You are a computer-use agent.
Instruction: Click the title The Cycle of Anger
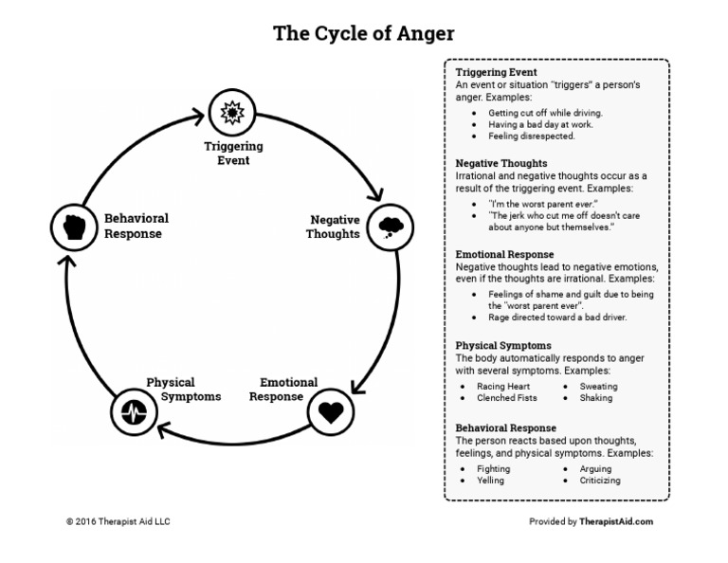pos(364,34)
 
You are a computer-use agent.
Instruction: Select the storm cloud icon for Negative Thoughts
pos(390,227)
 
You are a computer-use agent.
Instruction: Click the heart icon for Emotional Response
pos(331,410)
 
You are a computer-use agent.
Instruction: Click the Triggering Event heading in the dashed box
pos(496,72)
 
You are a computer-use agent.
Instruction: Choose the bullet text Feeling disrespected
pos(532,136)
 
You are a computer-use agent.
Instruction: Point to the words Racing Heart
pos(503,387)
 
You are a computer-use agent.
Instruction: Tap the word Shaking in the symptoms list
pos(596,398)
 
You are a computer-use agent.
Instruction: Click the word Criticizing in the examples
pos(600,481)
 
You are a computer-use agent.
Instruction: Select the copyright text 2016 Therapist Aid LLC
pos(118,521)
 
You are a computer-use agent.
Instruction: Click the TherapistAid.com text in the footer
pos(616,521)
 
